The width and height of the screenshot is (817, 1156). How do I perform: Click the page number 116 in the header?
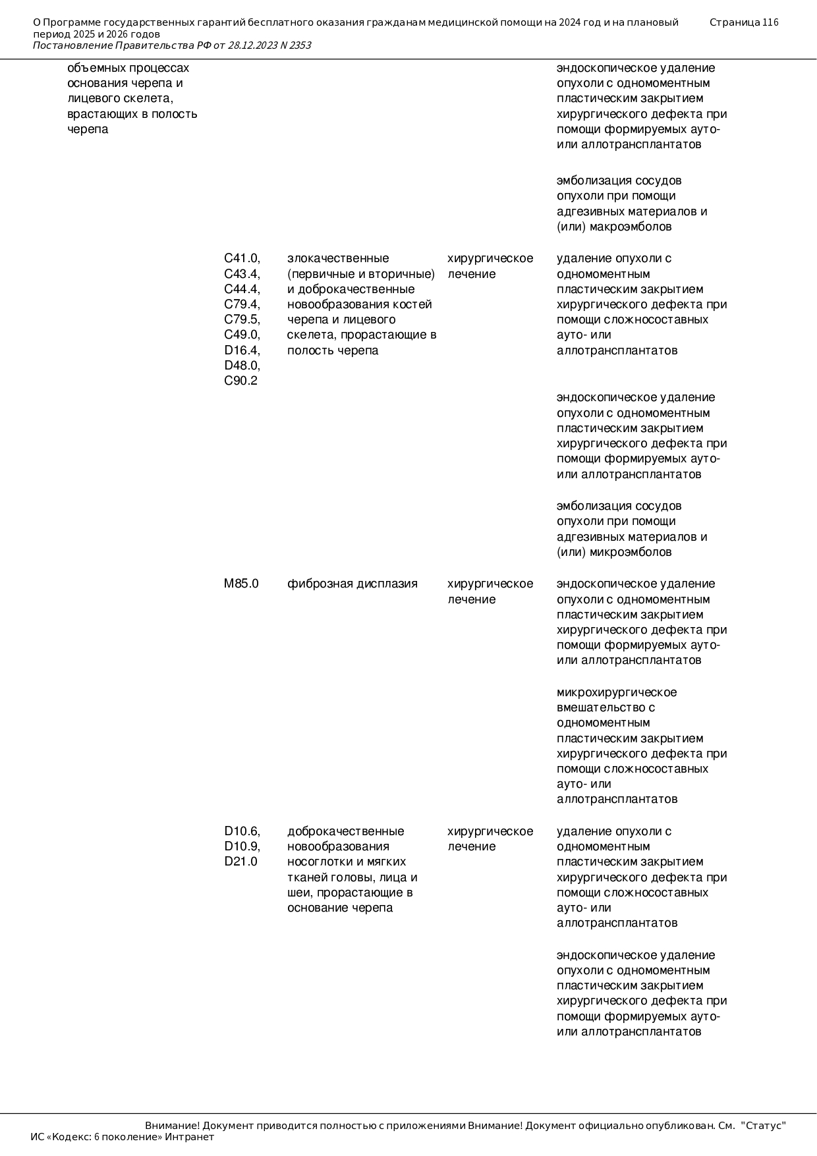770,22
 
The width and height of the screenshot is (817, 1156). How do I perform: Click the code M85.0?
241,584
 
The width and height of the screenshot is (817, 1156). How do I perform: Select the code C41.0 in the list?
242,258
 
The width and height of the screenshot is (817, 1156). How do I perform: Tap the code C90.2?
240,381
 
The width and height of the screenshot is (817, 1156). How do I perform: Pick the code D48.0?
242,366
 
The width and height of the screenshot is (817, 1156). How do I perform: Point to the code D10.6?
242,831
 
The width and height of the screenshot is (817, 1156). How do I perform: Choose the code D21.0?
240,862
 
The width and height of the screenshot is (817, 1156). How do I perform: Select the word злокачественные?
338,258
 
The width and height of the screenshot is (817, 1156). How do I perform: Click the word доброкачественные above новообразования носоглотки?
346,831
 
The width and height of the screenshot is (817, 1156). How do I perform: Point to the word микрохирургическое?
617,692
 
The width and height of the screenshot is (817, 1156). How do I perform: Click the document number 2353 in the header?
300,45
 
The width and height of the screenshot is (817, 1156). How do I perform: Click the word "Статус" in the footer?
764,1126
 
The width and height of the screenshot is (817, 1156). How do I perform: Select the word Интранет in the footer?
190,1137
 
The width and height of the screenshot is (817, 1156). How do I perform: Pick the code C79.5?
242,319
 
